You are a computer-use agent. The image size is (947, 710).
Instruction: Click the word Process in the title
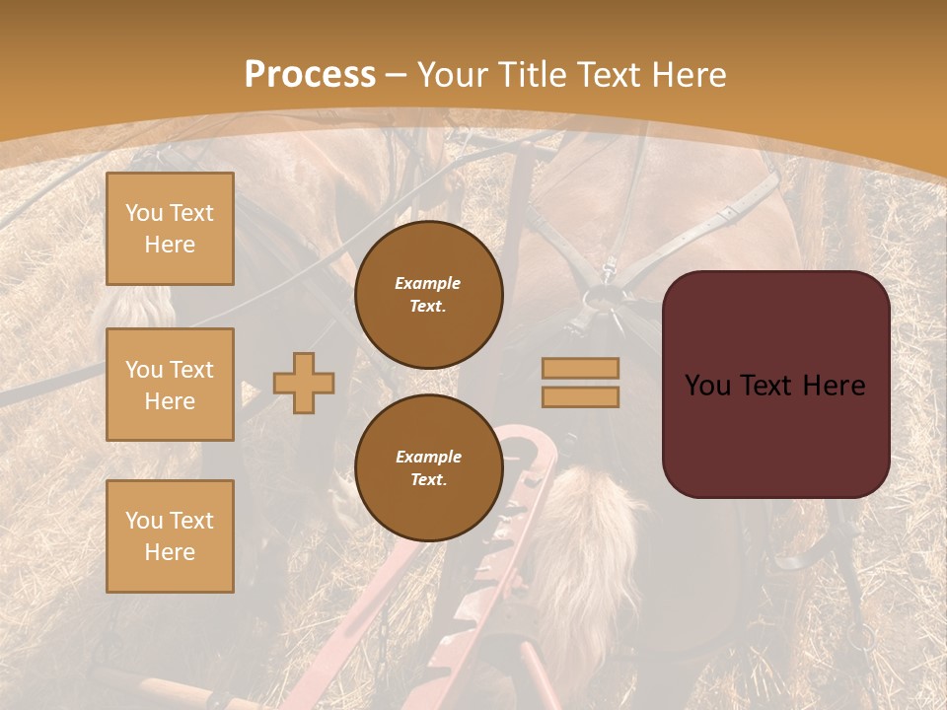tap(310, 74)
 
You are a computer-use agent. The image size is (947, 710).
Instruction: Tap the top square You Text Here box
tap(170, 229)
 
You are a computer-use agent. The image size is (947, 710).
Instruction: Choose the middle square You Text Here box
tap(170, 385)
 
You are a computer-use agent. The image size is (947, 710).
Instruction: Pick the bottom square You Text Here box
tap(170, 535)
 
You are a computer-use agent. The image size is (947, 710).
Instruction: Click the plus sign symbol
tap(304, 383)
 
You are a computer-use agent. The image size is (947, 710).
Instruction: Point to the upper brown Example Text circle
tap(428, 294)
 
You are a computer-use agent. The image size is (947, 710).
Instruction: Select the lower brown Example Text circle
tap(428, 467)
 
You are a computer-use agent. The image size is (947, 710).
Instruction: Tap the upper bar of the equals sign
tap(580, 368)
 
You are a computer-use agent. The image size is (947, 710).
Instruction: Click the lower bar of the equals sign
tap(580, 396)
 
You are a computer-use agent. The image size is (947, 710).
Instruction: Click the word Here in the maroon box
tap(834, 386)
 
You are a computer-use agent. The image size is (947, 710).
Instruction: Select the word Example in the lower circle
tap(428, 457)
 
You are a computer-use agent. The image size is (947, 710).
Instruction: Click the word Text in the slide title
tap(605, 74)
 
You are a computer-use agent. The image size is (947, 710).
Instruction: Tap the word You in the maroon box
tap(708, 386)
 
